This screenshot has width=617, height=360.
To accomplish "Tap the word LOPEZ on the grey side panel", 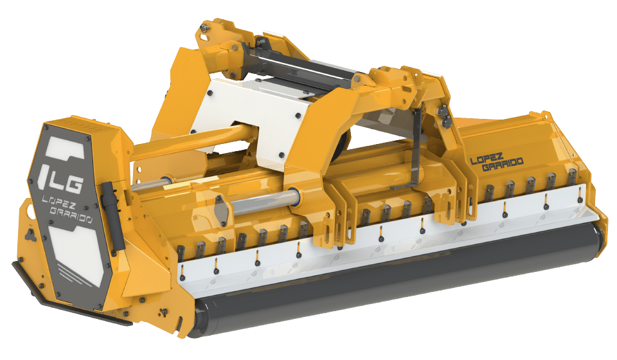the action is [59, 203].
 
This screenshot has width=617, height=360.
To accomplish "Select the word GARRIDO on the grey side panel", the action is [71, 215].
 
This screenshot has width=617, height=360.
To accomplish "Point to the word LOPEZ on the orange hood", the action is [487, 158].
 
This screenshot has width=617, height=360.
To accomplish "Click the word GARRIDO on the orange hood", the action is [503, 165].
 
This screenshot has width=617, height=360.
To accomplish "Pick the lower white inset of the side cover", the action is [76, 253].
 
